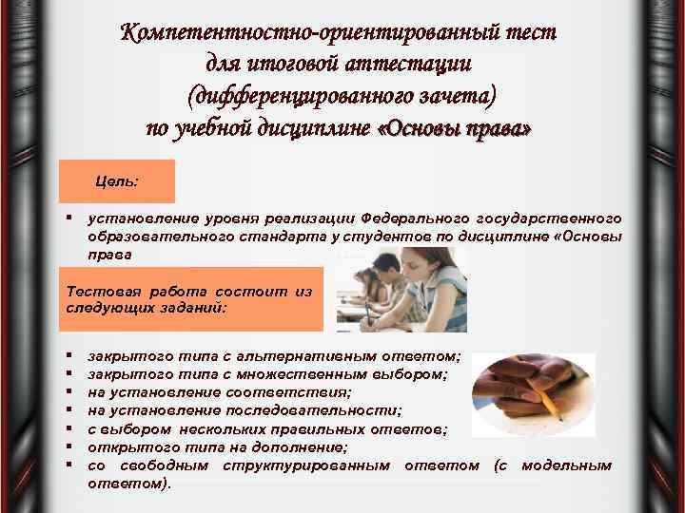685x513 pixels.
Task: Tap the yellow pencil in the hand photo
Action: point(545,398)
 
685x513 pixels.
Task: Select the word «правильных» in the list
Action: point(328,428)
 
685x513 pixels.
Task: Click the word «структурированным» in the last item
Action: point(305,465)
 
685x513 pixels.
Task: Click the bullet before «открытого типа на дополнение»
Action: point(71,446)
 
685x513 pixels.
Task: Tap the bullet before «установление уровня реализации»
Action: point(71,218)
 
